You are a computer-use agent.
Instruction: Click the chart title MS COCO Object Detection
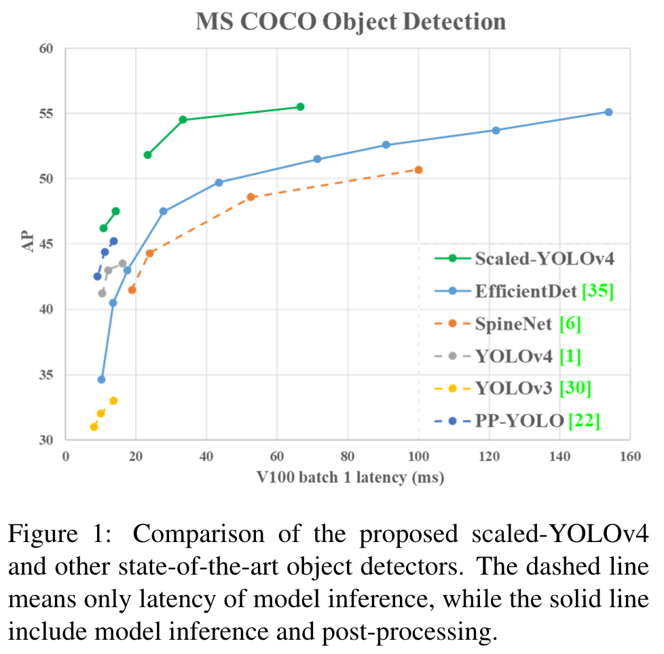pyautogui.click(x=350, y=21)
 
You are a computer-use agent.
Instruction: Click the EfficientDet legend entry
pyautogui.click(x=526, y=292)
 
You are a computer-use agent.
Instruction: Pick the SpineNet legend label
pyautogui.click(x=513, y=324)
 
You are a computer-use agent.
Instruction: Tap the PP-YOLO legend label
pyautogui.click(x=519, y=421)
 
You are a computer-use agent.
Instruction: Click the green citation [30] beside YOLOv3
pyautogui.click(x=574, y=389)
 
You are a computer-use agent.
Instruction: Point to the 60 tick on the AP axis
pyautogui.click(x=45, y=49)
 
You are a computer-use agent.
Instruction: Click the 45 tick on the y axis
pyautogui.click(x=45, y=244)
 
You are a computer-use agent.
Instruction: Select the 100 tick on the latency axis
pyautogui.click(x=418, y=456)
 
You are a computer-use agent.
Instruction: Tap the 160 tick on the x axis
pyautogui.click(x=629, y=456)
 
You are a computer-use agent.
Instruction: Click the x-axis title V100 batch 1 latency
pyautogui.click(x=350, y=478)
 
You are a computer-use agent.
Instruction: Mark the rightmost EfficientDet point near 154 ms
pyautogui.click(x=608, y=112)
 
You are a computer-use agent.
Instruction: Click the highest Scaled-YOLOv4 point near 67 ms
pyautogui.click(x=300, y=107)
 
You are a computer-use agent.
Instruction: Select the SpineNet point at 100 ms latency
pyautogui.click(x=418, y=170)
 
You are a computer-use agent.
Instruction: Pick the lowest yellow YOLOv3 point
pyautogui.click(x=94, y=427)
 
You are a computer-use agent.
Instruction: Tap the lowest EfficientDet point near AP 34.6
pyautogui.click(x=102, y=379)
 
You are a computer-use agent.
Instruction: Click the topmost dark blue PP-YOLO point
pyautogui.click(x=113, y=241)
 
